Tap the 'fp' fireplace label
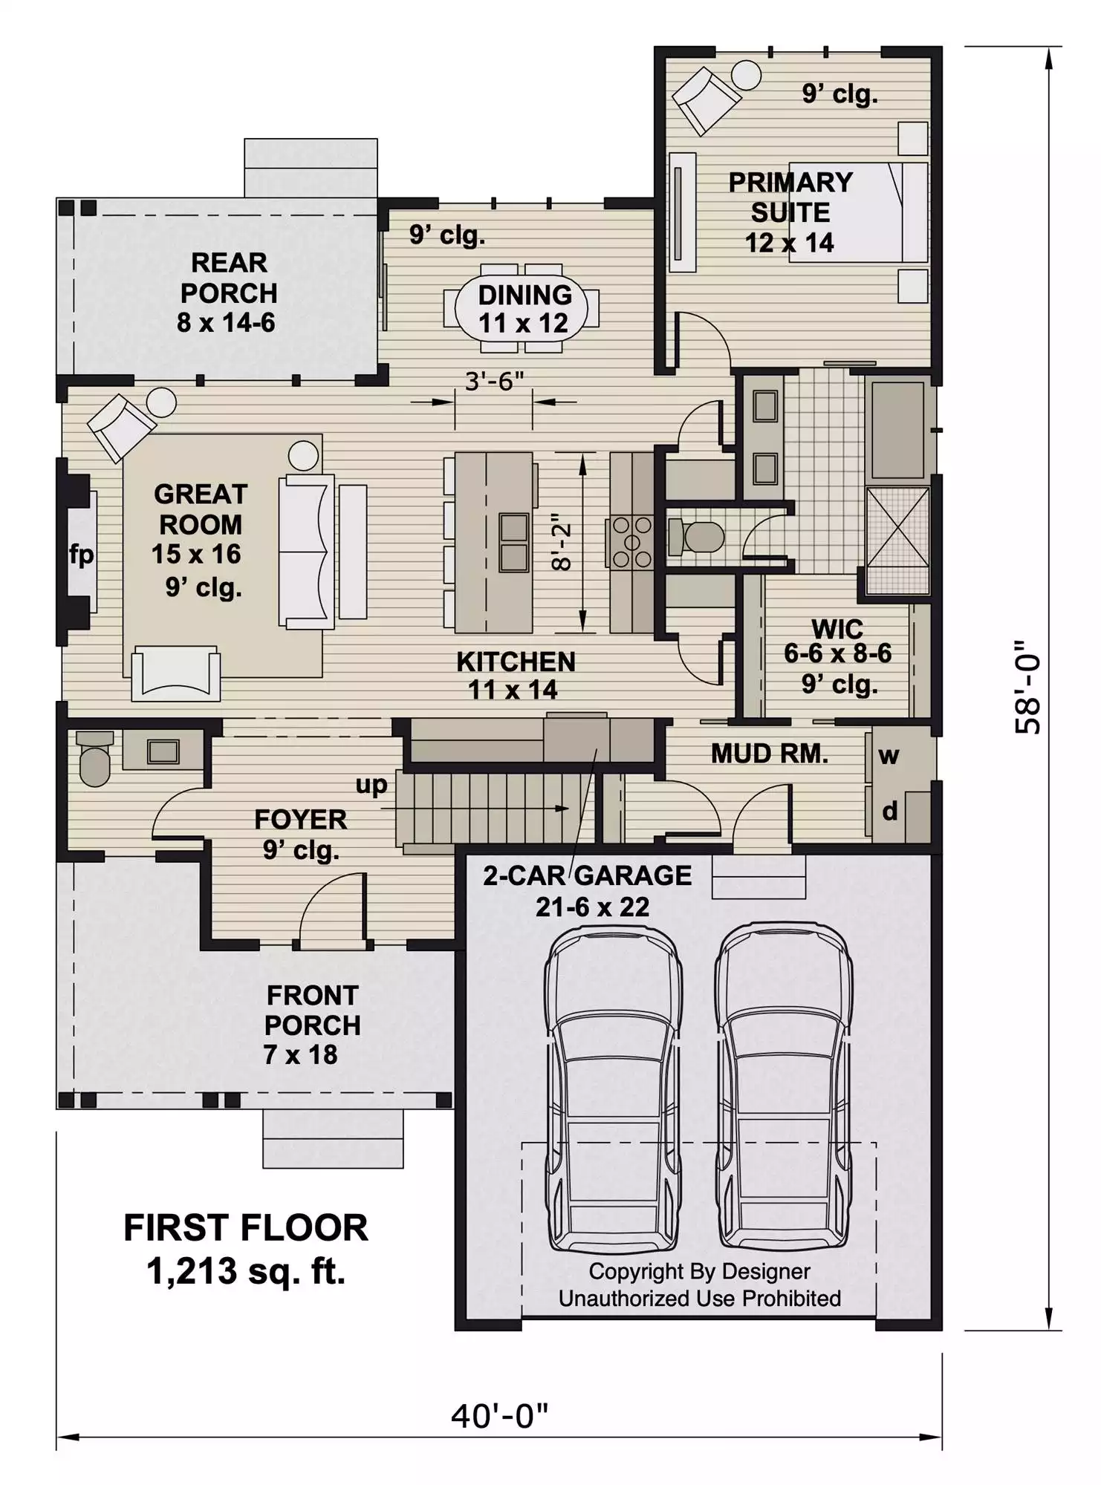tap(81, 554)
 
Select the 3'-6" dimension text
tap(494, 381)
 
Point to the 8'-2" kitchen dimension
tap(562, 542)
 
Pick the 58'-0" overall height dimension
tap(1028, 688)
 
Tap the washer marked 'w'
tap(889, 756)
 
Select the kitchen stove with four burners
tap(631, 542)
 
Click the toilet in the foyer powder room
tap(94, 758)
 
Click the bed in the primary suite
tap(858, 212)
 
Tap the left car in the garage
tap(613, 1090)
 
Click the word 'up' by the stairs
tap(371, 786)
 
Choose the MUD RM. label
tap(770, 754)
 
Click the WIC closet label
tap(837, 629)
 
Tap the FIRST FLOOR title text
tap(246, 1228)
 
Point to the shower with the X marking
tap(897, 541)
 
